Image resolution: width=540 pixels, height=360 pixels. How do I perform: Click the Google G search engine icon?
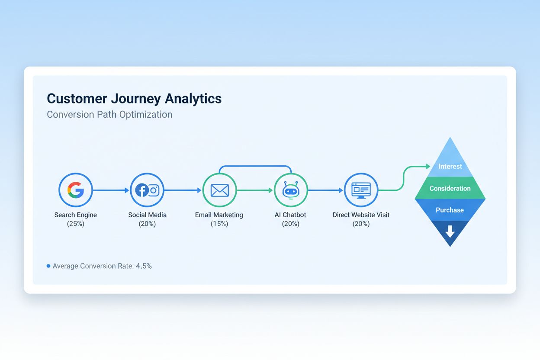point(76,190)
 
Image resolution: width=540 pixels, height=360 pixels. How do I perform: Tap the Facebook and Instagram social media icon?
point(147,190)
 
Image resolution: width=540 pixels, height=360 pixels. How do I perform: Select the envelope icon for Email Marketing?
point(219,190)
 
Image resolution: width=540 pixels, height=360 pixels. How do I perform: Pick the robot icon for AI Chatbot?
point(291,190)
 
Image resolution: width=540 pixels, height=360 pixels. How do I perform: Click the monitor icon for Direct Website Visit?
point(361,190)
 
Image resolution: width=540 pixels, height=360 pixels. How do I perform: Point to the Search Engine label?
point(76,215)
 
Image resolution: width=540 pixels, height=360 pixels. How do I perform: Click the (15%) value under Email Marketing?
point(219,224)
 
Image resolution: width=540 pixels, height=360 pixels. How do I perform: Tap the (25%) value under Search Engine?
point(76,224)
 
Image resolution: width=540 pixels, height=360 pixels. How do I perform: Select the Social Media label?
point(147,215)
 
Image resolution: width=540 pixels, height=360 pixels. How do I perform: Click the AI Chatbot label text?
point(291,215)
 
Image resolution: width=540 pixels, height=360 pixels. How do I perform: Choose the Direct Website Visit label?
point(361,215)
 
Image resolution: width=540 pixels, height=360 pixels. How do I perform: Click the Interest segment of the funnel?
point(450,167)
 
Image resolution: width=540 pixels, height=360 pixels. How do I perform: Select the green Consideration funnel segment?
point(450,189)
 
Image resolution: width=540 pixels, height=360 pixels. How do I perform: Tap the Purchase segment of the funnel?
point(450,210)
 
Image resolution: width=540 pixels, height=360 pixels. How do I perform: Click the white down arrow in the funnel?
point(450,231)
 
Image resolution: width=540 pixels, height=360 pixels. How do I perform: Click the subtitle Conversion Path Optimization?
point(109,115)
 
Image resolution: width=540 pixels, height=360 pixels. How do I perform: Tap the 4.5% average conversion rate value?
point(144,266)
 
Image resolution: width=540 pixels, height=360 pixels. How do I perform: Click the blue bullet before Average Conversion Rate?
point(48,266)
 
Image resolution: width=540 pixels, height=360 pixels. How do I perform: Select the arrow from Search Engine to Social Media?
point(111,190)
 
